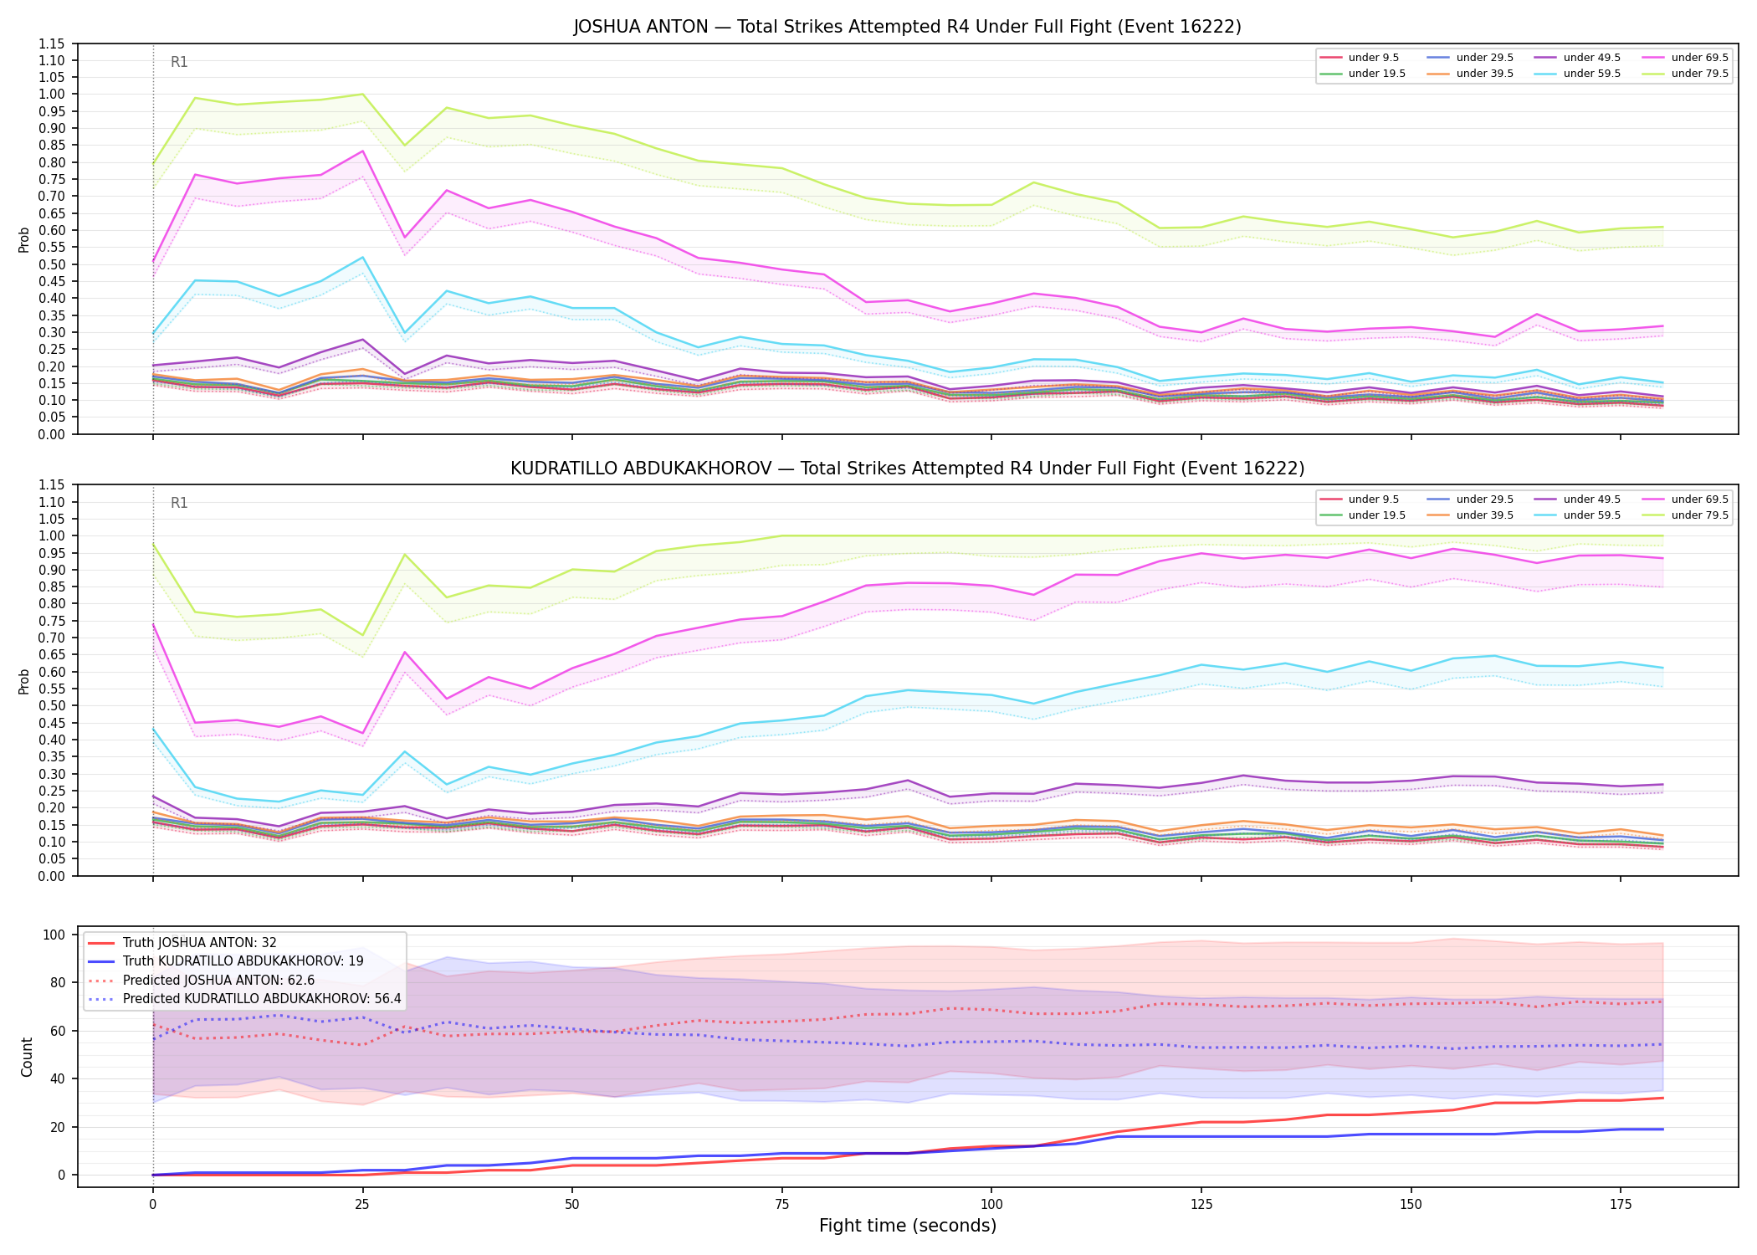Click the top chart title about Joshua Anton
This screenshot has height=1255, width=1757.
click(907, 27)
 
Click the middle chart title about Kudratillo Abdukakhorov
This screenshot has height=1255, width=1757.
click(907, 469)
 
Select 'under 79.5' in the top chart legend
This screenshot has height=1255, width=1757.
click(1699, 74)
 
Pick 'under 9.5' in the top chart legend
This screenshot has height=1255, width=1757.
click(1374, 58)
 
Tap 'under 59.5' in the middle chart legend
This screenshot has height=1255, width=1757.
click(1592, 515)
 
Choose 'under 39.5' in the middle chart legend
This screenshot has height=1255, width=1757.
click(1485, 515)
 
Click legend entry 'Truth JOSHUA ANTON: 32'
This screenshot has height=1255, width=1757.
click(200, 943)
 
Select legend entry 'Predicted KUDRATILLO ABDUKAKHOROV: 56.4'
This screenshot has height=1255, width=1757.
click(262, 999)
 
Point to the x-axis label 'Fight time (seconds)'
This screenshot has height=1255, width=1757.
click(908, 1226)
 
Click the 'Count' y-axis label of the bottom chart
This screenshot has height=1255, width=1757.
click(27, 1057)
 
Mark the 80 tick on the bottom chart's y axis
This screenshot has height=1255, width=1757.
click(59, 983)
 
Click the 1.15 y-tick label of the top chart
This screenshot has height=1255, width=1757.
click(51, 44)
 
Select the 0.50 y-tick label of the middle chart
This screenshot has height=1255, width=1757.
click(51, 705)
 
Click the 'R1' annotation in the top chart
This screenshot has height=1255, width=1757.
click(179, 62)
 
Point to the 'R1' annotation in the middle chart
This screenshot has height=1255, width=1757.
click(179, 503)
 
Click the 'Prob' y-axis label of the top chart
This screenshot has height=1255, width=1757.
click(24, 239)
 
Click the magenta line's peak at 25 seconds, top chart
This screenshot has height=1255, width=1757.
click(362, 151)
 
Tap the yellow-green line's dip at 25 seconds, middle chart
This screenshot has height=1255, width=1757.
click(362, 635)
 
